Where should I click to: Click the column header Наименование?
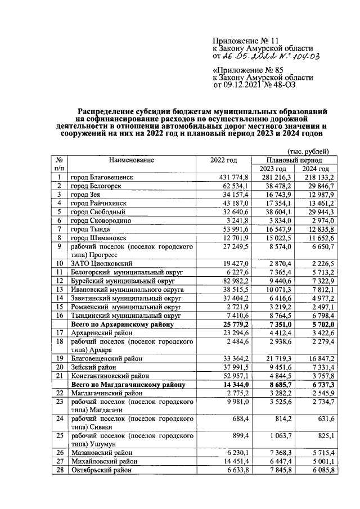(x=132, y=160)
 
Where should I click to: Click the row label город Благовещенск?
(x=102, y=177)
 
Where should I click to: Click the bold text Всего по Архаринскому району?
(x=121, y=325)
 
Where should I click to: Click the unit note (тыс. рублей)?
(x=308, y=151)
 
